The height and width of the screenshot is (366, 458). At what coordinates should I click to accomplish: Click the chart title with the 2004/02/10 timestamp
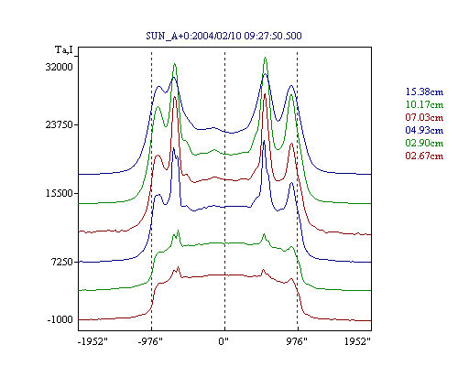coord(224,36)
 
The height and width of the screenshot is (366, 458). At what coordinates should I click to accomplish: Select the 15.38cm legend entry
coord(424,91)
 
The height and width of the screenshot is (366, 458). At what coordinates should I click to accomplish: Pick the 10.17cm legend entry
coord(424,104)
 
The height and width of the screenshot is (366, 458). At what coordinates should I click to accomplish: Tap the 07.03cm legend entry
coord(424,117)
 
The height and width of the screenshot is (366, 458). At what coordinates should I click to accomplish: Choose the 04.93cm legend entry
coord(424,130)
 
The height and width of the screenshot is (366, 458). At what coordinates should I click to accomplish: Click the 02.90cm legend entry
coord(424,143)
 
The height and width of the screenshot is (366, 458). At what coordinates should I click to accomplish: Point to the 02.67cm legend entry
coord(424,156)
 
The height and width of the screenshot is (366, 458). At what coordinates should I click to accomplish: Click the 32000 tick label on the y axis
coord(60,67)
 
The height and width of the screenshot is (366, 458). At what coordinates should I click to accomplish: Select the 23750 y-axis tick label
coord(60,124)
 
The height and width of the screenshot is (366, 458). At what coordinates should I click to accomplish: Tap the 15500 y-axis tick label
coord(60,193)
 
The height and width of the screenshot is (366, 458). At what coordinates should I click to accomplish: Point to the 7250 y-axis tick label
coord(61,262)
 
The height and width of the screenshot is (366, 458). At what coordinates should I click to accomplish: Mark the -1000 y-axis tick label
coord(60,319)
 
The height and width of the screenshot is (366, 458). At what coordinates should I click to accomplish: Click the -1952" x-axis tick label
coord(93,341)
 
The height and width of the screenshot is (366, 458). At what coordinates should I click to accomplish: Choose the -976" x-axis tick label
coord(150,341)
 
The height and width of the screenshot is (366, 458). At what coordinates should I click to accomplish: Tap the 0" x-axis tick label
coord(224,341)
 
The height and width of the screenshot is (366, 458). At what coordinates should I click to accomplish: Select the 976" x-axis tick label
coord(297,341)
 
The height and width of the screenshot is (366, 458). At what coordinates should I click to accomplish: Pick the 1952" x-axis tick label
coord(357,341)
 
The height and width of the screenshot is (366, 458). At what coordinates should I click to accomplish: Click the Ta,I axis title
coord(64,49)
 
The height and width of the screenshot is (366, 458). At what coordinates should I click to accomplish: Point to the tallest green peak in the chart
coord(265,58)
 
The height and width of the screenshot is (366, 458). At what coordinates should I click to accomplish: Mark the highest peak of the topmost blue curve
coord(265,74)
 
